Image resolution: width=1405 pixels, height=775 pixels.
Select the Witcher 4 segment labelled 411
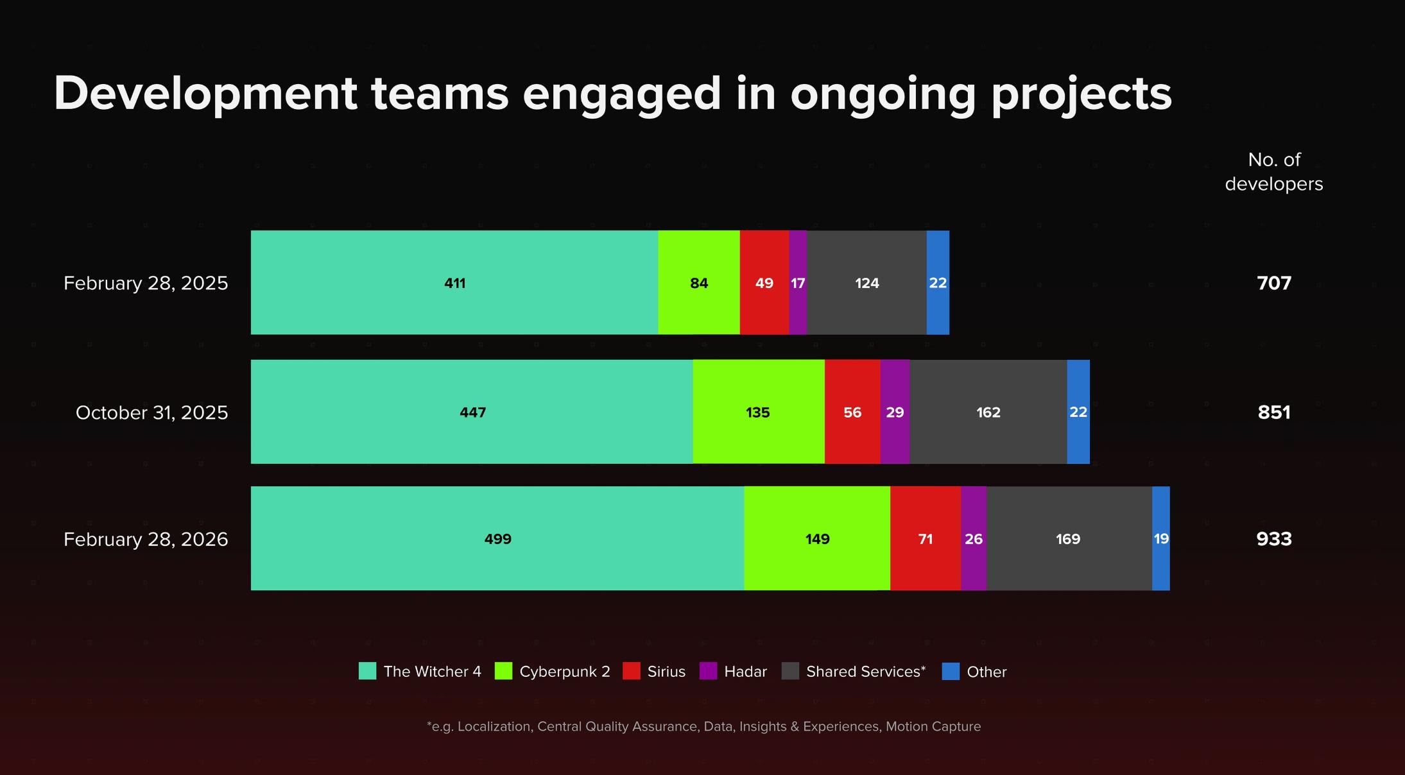[454, 282]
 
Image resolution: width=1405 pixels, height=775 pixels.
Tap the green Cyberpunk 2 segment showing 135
[759, 412]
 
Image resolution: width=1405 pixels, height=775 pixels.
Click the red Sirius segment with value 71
[926, 538]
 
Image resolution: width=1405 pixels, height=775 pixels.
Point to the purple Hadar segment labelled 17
[798, 282]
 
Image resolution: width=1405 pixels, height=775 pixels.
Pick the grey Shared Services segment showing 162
[988, 412]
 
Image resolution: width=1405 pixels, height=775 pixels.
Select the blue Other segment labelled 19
[1161, 538]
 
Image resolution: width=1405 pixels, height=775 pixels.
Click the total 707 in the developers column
[1274, 283]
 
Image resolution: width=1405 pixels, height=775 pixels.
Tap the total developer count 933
[1274, 539]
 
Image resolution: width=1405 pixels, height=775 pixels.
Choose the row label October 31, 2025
[152, 413]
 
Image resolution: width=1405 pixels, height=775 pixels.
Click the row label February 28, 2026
[146, 540]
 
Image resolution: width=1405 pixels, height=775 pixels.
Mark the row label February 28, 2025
[146, 284]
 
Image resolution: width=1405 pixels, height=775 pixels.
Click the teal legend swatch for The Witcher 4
[367, 671]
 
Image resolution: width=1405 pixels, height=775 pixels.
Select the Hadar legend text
[745, 672]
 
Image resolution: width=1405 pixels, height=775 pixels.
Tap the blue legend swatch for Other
[951, 671]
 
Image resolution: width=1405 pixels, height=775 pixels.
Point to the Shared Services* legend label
[866, 672]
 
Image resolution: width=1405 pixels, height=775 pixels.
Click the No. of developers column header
[1274, 172]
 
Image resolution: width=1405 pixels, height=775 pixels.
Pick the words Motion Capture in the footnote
[933, 726]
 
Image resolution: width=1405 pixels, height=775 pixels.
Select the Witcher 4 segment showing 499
[497, 538]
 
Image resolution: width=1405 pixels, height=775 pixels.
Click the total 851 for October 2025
[1274, 413]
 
